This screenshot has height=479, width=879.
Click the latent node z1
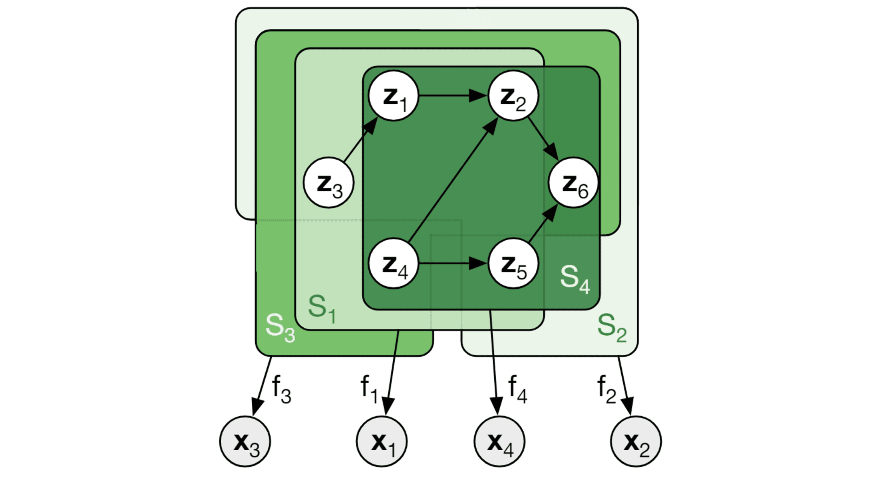pyautogui.click(x=394, y=96)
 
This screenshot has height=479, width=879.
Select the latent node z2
pyautogui.click(x=513, y=96)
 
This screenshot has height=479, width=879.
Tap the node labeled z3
pyautogui.click(x=328, y=183)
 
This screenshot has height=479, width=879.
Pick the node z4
pyautogui.click(x=394, y=263)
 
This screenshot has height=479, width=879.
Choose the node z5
pyautogui.click(x=513, y=263)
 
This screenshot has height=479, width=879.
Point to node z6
pyautogui.click(x=573, y=183)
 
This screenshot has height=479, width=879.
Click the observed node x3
pyautogui.click(x=245, y=441)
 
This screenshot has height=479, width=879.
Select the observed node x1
pyautogui.click(x=382, y=441)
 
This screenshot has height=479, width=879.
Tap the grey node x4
pyautogui.click(x=499, y=441)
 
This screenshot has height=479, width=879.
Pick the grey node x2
pyautogui.click(x=636, y=441)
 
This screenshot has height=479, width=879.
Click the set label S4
pyautogui.click(x=575, y=279)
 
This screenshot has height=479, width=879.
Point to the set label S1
pyautogui.click(x=322, y=309)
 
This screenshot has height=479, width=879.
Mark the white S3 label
pyautogui.click(x=280, y=327)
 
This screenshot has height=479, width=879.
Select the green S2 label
pyautogui.click(x=612, y=327)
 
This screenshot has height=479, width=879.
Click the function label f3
pyautogui.click(x=281, y=389)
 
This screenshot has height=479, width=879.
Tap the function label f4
pyautogui.click(x=517, y=389)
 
